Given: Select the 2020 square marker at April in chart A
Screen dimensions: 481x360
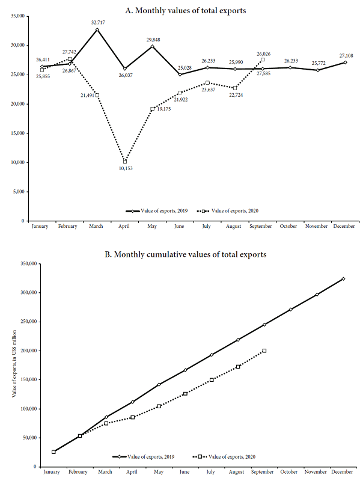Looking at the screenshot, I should [x=124, y=161].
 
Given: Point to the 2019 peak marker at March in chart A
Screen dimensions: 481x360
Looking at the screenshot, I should [x=97, y=29].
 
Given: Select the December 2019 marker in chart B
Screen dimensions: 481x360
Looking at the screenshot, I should [x=343, y=279].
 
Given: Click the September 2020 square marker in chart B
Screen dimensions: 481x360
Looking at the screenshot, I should [x=264, y=351].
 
